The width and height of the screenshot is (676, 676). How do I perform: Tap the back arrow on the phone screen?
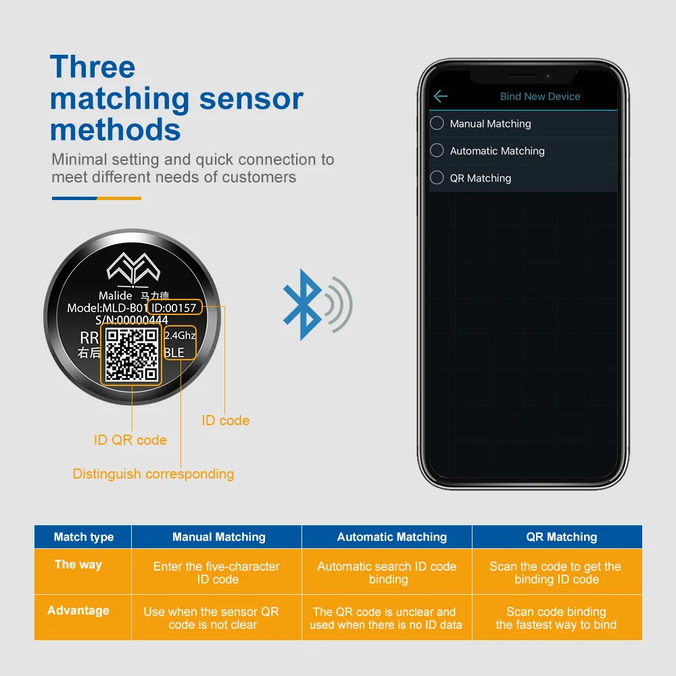[x=441, y=97]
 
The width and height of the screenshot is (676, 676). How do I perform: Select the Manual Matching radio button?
[x=437, y=123]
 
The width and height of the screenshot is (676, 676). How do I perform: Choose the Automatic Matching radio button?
[x=437, y=150]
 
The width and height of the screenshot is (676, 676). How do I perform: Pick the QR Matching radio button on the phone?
[x=437, y=178]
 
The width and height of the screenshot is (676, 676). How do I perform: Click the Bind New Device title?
[x=539, y=97]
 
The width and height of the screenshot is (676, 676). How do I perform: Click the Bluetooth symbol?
[x=302, y=304]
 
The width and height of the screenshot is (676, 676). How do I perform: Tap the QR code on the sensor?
[x=132, y=354]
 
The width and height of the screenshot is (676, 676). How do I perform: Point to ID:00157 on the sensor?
[x=174, y=308]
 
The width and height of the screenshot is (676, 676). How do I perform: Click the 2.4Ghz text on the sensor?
[x=180, y=335]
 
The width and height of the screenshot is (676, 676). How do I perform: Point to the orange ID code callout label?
[x=226, y=420]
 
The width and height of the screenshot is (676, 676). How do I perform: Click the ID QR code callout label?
[x=130, y=440]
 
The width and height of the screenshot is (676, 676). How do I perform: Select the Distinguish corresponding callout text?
[x=153, y=474]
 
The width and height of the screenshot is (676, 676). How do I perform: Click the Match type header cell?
[x=84, y=537]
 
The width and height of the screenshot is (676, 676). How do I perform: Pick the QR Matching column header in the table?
[x=562, y=537]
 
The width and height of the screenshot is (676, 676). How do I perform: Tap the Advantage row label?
[x=78, y=610]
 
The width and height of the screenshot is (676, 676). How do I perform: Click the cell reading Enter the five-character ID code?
[x=216, y=573]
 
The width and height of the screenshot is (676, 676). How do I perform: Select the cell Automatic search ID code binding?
[x=387, y=573]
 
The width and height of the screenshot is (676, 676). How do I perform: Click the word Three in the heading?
[x=93, y=67]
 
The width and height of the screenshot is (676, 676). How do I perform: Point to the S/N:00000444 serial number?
[x=132, y=320]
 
